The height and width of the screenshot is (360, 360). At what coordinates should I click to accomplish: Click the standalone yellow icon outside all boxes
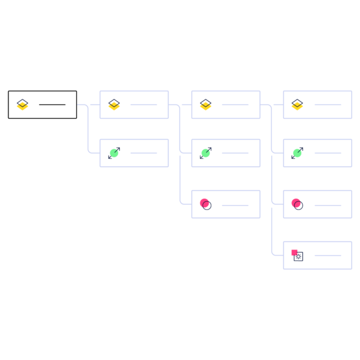tap(22, 106)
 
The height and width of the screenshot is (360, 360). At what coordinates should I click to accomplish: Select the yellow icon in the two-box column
tap(114, 106)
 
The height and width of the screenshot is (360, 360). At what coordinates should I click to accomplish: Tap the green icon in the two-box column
tap(114, 153)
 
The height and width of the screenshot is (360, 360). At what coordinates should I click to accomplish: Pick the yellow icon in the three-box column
tap(206, 106)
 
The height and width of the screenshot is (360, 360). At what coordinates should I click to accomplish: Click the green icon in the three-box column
tap(206, 153)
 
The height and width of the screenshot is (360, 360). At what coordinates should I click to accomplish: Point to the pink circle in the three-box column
tap(205, 204)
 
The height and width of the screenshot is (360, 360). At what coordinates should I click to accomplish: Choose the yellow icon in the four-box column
tap(297, 106)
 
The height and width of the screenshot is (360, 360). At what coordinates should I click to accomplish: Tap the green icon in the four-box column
tap(297, 153)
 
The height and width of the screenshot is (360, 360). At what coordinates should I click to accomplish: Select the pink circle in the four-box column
tap(296, 204)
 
